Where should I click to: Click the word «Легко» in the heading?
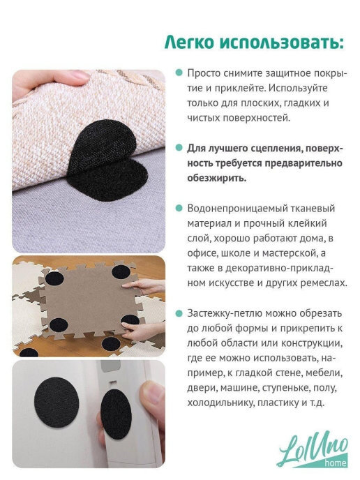[189, 43]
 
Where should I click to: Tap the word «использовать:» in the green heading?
[282, 43]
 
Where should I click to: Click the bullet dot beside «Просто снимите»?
[179, 73]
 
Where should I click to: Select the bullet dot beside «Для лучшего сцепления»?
[179, 148]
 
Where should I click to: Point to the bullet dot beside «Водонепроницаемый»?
[179, 208]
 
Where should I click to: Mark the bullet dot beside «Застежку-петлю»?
[179, 313]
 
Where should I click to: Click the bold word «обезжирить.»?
[217, 178]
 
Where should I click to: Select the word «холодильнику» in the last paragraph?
[220, 403]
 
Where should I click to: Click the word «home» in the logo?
[335, 463]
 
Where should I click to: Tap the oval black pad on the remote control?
[116, 414]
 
